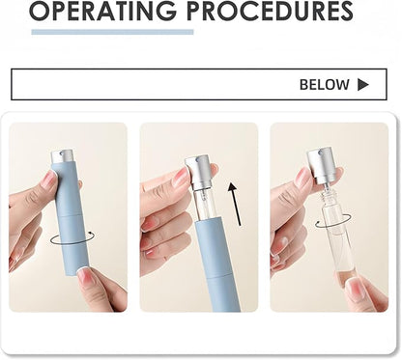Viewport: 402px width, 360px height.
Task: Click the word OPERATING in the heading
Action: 103,11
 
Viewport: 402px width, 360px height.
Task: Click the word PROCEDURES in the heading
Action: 270,11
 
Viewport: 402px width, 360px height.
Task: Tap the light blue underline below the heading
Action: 112,32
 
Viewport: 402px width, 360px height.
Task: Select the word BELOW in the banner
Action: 325,85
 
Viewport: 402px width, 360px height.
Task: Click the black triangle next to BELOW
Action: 363,85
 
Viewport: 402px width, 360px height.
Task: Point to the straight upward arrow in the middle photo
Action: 235,205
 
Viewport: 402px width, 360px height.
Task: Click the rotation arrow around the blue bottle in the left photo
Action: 72,238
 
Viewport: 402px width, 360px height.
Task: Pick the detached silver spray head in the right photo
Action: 320,164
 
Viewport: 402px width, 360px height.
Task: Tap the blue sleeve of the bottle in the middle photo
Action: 217,266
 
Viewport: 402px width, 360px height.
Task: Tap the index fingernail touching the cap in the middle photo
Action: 182,177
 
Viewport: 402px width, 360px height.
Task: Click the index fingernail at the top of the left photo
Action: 49,179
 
